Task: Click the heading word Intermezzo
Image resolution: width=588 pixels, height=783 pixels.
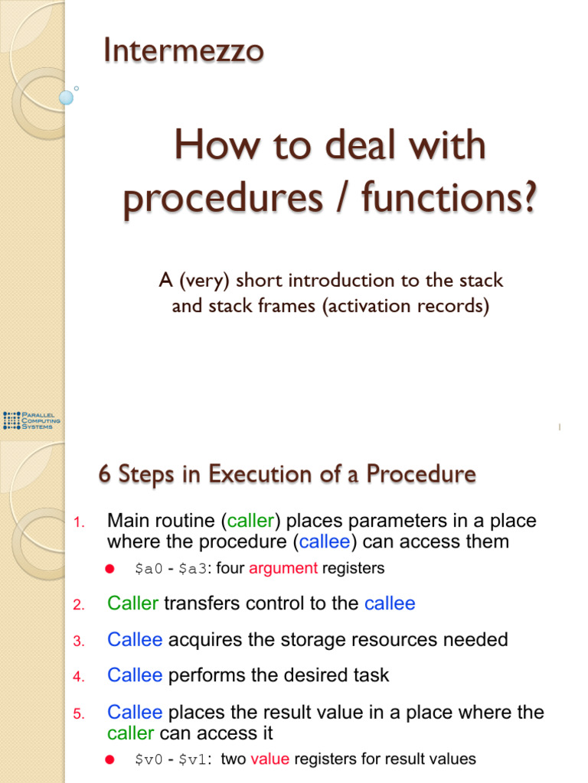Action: point(184,50)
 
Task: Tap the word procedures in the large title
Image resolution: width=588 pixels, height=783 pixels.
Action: point(223,198)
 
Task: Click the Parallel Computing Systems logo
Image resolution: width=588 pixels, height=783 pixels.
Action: point(31,421)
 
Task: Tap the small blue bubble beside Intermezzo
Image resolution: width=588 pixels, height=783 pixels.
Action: point(66,97)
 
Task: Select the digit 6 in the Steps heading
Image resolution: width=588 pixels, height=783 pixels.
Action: point(104,473)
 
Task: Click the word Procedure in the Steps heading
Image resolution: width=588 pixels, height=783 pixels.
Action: point(421,473)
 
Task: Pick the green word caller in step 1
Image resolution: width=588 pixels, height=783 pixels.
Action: point(250,521)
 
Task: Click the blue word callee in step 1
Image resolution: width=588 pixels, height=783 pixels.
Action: point(325,542)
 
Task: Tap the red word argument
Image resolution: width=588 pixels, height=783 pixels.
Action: point(283,568)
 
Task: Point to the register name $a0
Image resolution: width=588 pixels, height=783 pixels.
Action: point(149,569)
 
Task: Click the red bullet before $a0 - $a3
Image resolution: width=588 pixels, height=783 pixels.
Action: point(110,569)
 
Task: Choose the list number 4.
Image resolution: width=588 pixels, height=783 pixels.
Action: point(79,677)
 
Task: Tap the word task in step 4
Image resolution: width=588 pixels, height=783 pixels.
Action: point(371,675)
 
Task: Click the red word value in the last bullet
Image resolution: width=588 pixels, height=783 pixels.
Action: point(270,759)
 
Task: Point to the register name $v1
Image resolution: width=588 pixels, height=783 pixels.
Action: point(192,759)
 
